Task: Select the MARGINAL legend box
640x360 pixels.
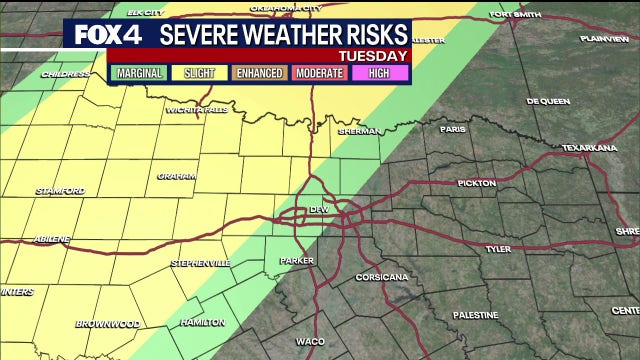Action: [140, 73]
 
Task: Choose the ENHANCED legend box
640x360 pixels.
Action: [259, 73]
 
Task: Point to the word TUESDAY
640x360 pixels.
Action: [373, 56]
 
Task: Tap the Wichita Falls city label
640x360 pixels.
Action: [196, 109]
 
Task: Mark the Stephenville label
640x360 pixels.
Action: [200, 263]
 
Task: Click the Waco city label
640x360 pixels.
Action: [309, 341]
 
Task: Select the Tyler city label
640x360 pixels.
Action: [497, 248]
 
